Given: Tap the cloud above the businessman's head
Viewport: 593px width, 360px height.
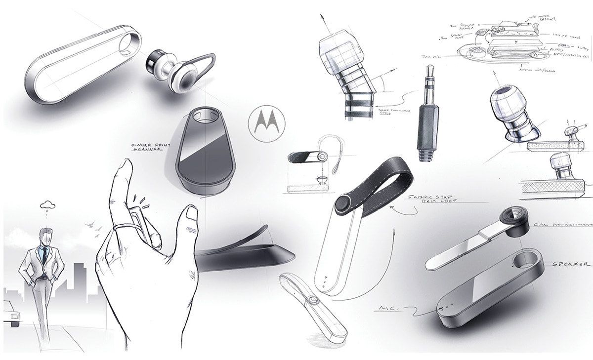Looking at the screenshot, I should [x=47, y=203].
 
